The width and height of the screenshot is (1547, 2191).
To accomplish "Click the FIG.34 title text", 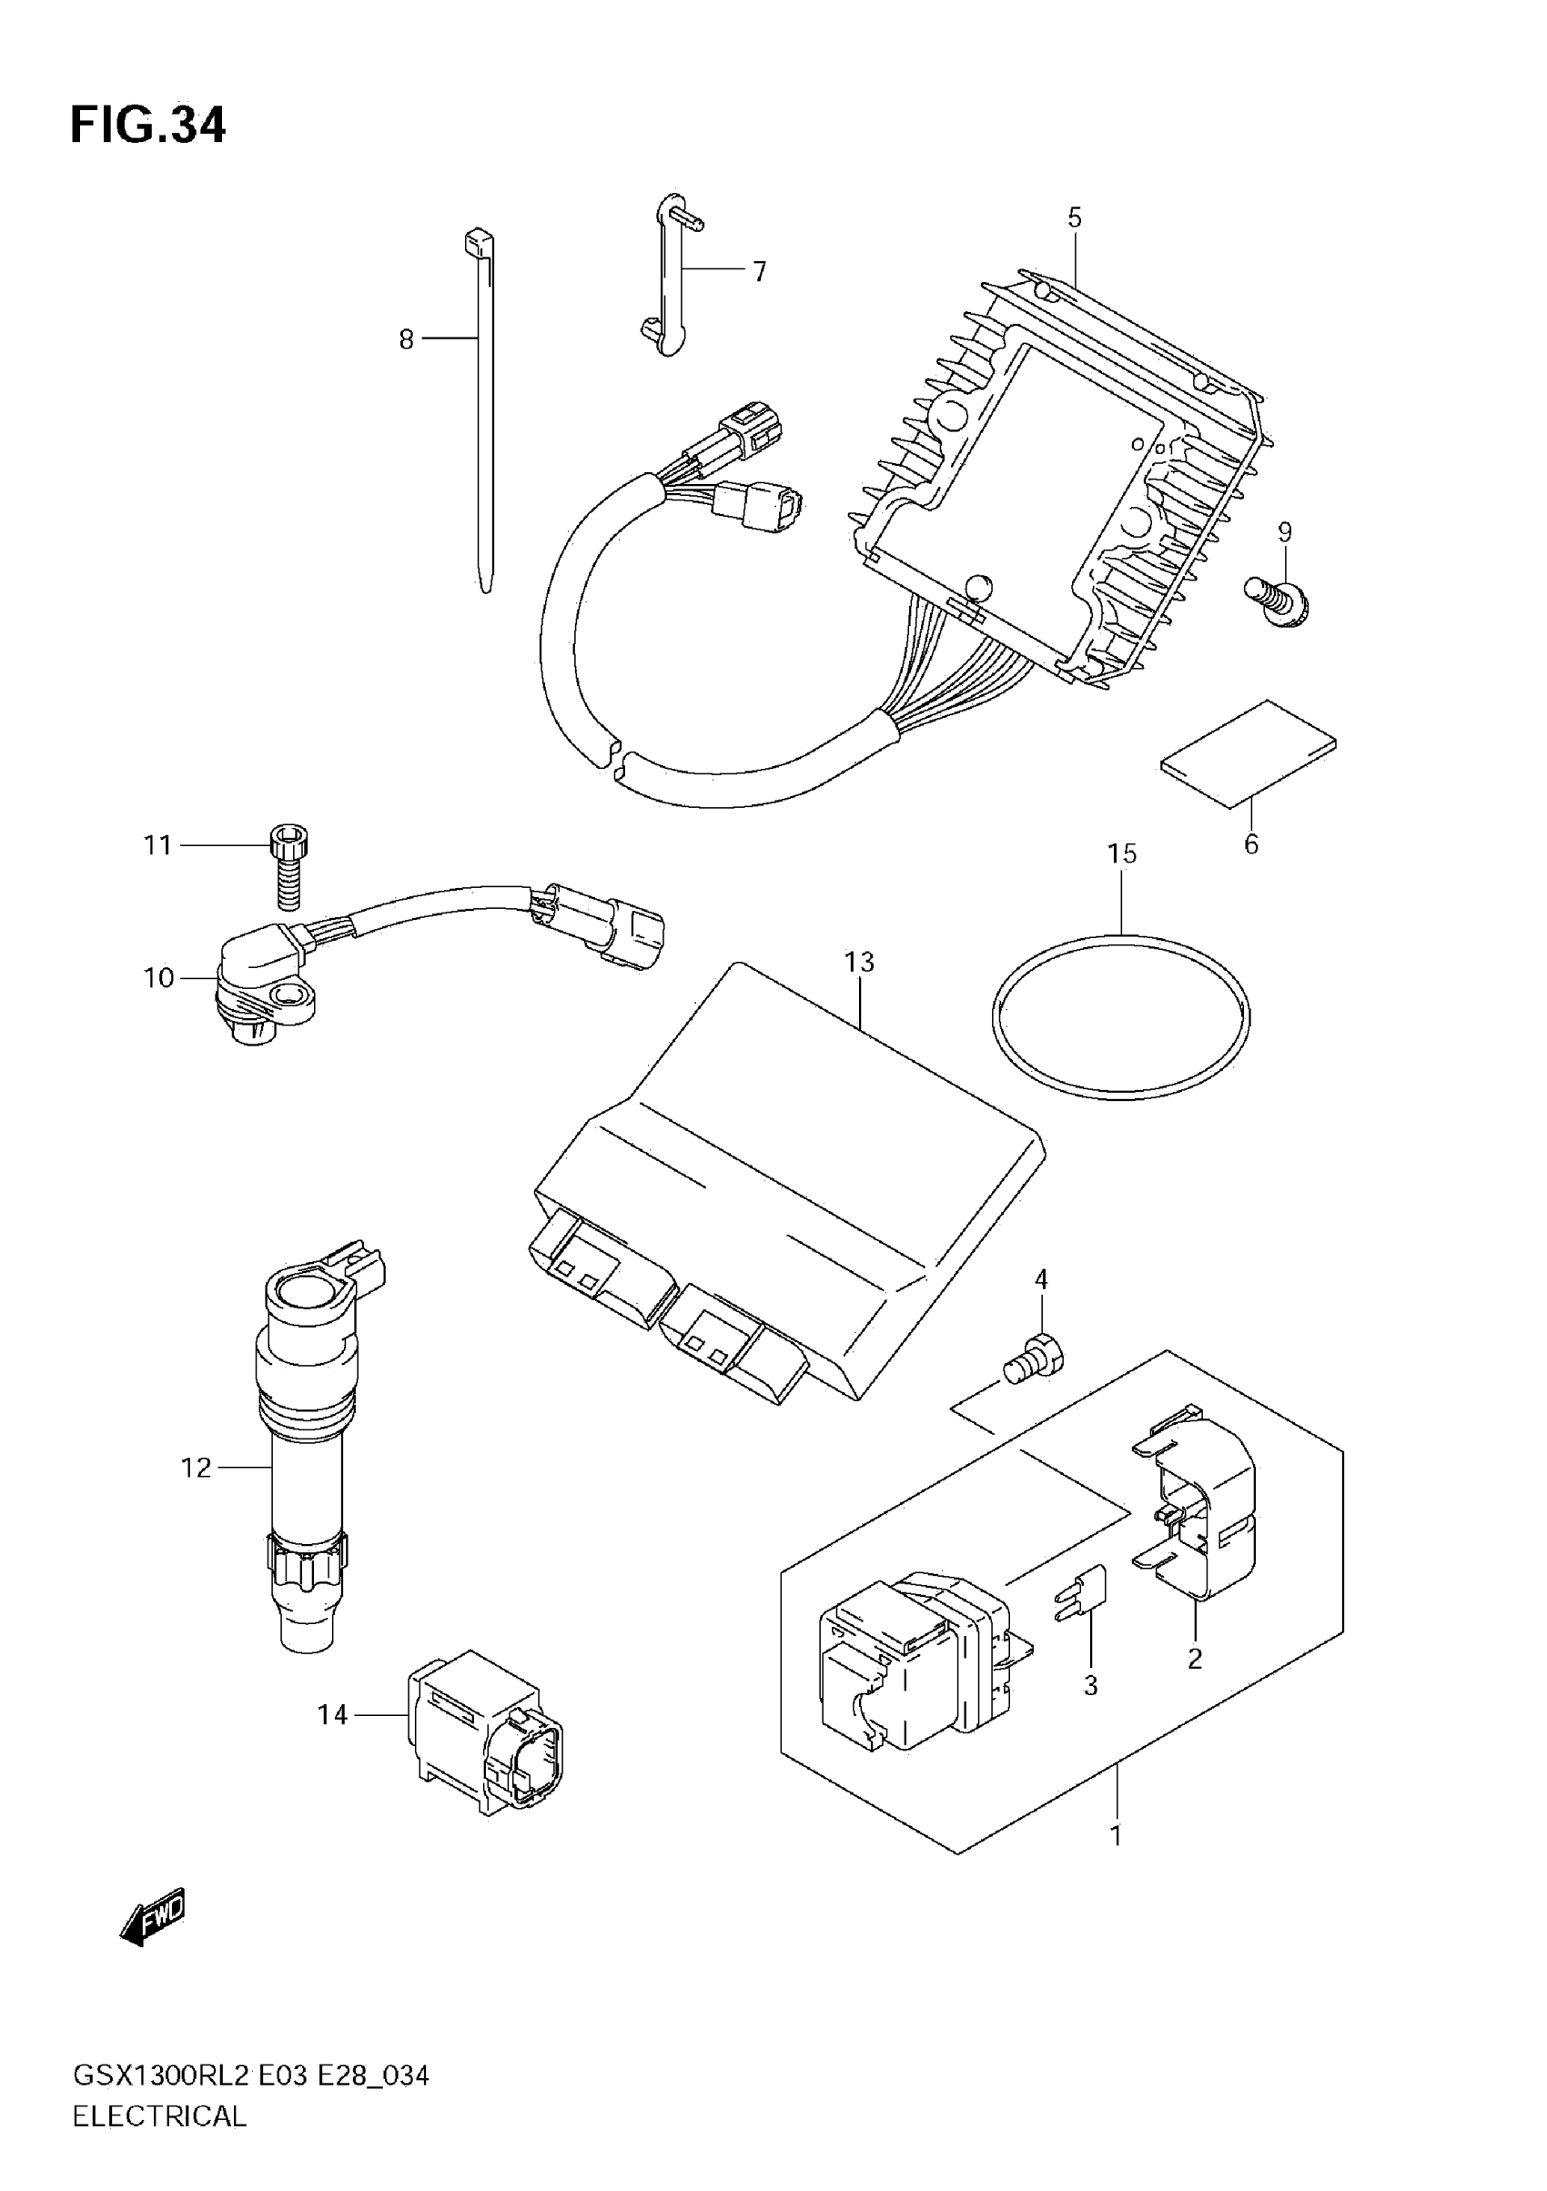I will pyautogui.click(x=148, y=125).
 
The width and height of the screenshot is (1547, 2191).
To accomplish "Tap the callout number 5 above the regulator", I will pyautogui.click(x=1075, y=217).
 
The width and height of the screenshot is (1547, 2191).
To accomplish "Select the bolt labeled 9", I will pyautogui.click(x=1277, y=602).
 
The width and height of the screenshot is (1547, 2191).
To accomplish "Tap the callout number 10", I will pyautogui.click(x=159, y=978).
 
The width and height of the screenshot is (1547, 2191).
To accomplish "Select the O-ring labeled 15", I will pyautogui.click(x=1120, y=1017).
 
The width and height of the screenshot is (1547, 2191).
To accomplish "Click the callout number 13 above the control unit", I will pyautogui.click(x=859, y=962).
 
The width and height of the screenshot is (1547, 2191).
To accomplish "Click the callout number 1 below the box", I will pyautogui.click(x=1116, y=1834).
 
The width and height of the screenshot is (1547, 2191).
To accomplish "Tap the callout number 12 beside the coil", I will pyautogui.click(x=196, y=1468).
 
